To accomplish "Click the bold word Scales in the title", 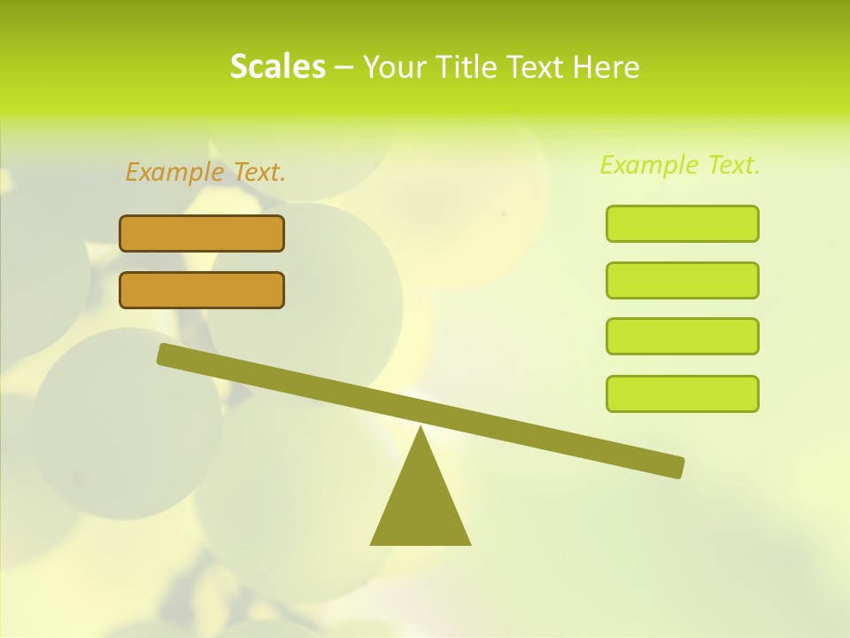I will pyautogui.click(x=277, y=66).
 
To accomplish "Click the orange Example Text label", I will pyautogui.click(x=205, y=172).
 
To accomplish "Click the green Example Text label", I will pyautogui.click(x=680, y=165).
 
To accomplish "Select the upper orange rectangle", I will pyautogui.click(x=202, y=233).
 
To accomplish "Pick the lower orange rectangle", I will pyautogui.click(x=202, y=290).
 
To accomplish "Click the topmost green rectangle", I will pyautogui.click(x=682, y=223).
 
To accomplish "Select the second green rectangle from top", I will pyautogui.click(x=682, y=280).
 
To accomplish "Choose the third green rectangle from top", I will pyautogui.click(x=682, y=336).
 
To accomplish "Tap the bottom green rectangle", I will pyautogui.click(x=682, y=393).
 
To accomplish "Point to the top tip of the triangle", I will pyautogui.click(x=421, y=430).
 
